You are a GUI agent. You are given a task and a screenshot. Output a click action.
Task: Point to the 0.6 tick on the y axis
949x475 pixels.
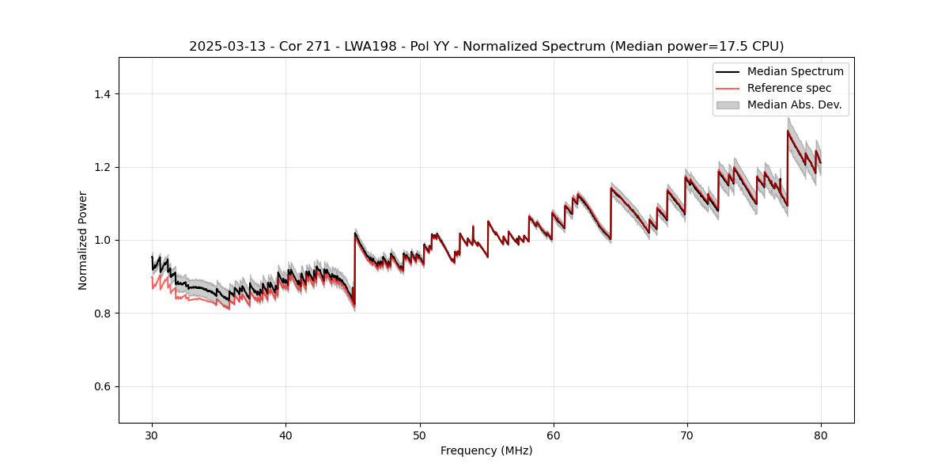pos(103,386)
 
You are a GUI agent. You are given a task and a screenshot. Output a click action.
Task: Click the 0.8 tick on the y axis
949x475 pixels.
pos(103,313)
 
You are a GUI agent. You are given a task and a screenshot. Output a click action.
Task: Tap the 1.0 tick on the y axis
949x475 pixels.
pos(103,240)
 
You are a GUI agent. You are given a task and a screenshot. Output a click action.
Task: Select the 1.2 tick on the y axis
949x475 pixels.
pos(103,167)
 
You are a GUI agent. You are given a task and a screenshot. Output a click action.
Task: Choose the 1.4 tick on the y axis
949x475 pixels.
pos(103,94)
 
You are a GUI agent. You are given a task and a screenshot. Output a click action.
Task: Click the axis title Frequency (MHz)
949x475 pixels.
pos(486,450)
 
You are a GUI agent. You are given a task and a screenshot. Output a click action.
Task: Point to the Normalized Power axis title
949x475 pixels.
pos(83,240)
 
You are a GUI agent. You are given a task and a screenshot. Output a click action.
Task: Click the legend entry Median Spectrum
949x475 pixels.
pos(795,72)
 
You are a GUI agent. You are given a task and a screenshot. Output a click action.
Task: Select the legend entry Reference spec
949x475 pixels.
pos(789,88)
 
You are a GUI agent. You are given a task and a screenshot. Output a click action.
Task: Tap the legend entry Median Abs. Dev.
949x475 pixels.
pos(794,104)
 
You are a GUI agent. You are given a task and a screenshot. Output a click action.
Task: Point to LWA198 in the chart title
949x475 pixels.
pos(346,47)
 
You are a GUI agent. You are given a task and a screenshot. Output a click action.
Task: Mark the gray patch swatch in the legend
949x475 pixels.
pos(728,104)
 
